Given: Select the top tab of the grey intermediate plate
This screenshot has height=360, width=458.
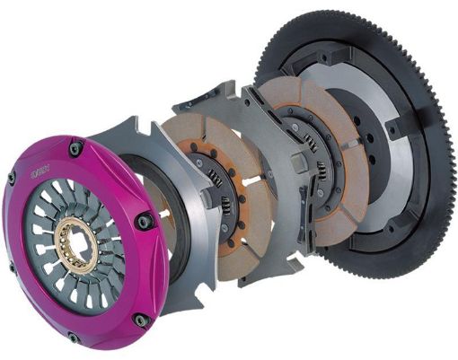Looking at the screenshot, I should click(212, 93).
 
